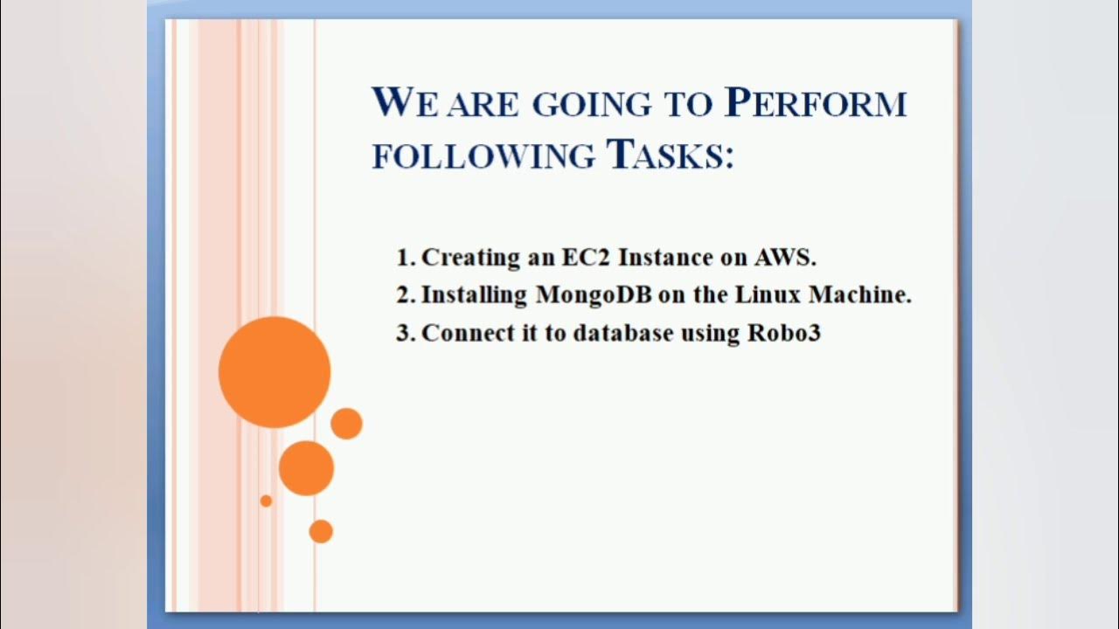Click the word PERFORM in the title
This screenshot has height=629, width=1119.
817,104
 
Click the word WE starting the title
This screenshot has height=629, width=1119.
404,103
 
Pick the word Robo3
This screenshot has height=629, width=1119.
783,334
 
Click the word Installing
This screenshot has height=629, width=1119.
474,295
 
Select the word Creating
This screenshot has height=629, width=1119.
469,258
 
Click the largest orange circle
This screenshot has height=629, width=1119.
275,372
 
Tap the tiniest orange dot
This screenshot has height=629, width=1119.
266,501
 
